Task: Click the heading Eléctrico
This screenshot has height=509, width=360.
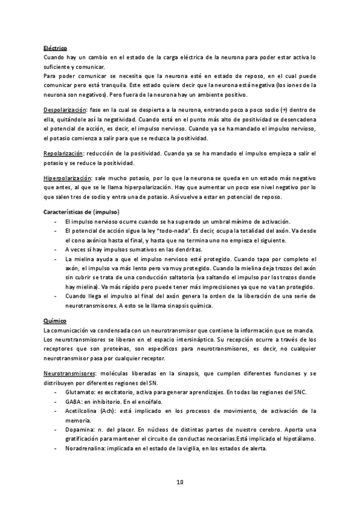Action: tap(55, 48)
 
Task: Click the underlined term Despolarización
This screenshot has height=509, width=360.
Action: tap(65, 111)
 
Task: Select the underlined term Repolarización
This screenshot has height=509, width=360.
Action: tap(63, 154)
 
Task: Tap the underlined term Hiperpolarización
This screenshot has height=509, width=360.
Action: tap(66, 179)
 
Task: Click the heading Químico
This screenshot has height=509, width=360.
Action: tap(55, 322)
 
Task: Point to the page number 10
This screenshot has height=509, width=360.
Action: tap(180, 483)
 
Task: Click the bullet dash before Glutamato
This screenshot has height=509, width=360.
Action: tap(56, 392)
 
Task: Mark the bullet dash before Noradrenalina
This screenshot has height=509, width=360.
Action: tap(56, 450)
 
